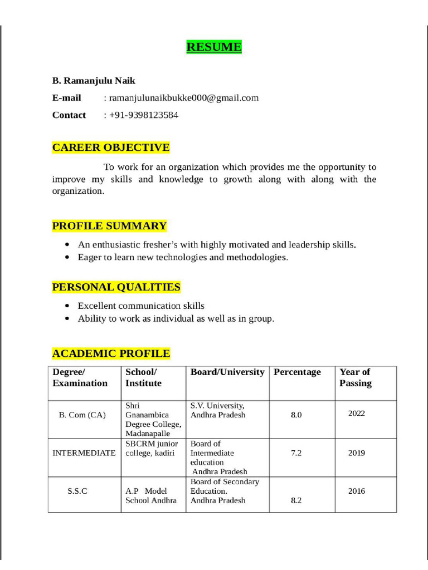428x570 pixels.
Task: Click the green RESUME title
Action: coord(214,47)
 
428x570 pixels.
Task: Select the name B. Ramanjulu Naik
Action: coord(94,81)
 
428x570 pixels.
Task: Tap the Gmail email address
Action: coord(184,98)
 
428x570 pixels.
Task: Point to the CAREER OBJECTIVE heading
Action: coord(111,148)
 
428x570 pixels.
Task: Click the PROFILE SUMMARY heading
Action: coord(109,225)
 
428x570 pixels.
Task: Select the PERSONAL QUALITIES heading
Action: coord(116,287)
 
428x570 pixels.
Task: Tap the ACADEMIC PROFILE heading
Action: coord(111,353)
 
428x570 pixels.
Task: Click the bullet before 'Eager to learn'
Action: coord(67,258)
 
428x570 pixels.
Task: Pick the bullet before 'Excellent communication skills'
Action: coord(67,306)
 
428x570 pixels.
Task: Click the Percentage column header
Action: coord(297,372)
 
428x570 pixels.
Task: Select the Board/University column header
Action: coord(227,372)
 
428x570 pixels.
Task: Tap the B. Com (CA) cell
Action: coord(82,415)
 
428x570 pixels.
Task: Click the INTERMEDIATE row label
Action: coord(84,453)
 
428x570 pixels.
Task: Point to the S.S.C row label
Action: coord(77,492)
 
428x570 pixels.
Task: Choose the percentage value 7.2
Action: coord(296,453)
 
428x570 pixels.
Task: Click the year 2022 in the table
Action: coord(357,414)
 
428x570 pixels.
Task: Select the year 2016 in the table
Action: coord(357,492)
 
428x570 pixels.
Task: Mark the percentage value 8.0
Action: coord(296,415)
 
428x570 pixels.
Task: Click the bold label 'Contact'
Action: coord(69,115)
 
